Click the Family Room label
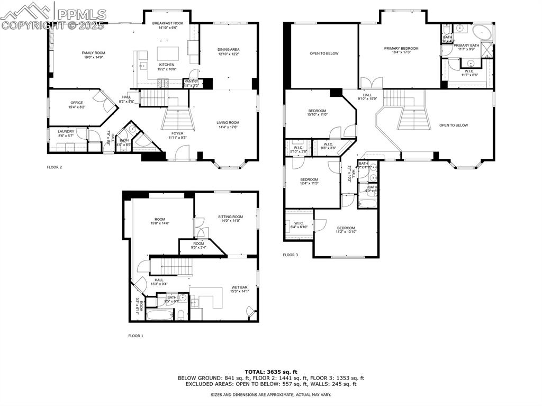tap(93, 53)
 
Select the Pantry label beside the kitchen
tap(191, 81)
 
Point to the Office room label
tap(77, 103)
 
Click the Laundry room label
tap(66, 131)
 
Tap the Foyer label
tap(177, 133)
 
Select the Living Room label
tap(228, 122)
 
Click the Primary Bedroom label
tap(401, 49)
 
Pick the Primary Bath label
tap(466, 46)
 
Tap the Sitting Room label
tap(230, 216)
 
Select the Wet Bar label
tap(239, 287)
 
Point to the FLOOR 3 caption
tap(290, 255)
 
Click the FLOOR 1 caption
tap(135, 336)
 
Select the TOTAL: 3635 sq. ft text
tap(271, 372)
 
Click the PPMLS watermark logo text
tap(79, 14)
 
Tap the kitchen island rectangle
tap(167, 53)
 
